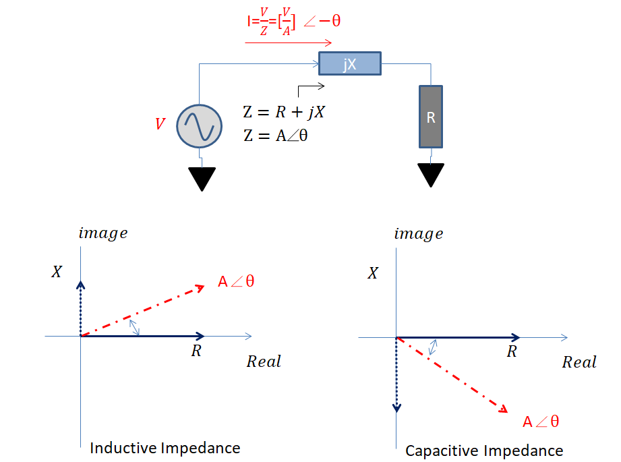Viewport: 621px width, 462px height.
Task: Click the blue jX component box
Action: [x=350, y=64]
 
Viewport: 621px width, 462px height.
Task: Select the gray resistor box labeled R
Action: [x=431, y=117]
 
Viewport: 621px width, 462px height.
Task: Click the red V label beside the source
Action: [x=160, y=124]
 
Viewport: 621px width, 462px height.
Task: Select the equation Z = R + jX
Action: [x=284, y=111]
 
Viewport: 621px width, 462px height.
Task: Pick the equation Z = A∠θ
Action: [x=277, y=134]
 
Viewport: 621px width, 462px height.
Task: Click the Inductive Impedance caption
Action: [x=165, y=447]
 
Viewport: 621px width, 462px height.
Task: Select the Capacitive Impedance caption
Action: [x=483, y=450]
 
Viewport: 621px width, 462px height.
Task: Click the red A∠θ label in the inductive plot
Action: [x=236, y=281]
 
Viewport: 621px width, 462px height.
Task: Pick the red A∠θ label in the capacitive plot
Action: [x=541, y=422]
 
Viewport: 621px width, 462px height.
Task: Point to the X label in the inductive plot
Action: [x=57, y=272]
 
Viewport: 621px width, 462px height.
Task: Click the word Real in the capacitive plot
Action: [x=579, y=362]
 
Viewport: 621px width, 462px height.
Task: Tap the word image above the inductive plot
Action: [x=102, y=233]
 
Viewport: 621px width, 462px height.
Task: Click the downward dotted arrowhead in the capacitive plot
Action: [x=396, y=407]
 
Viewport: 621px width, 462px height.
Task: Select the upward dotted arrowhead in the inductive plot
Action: [x=81, y=284]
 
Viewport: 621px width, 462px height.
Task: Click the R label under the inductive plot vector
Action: [x=196, y=351]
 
